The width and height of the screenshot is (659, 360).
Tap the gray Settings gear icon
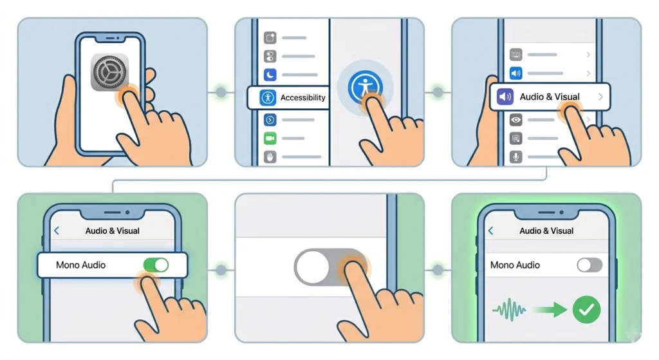tap(109, 73)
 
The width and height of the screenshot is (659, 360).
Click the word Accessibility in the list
tap(302, 98)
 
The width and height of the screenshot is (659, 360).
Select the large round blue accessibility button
tap(365, 86)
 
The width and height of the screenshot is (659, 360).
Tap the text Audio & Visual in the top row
tap(550, 97)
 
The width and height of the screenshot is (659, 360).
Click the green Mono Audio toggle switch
tap(154, 265)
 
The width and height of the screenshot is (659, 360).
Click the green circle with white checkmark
tap(586, 310)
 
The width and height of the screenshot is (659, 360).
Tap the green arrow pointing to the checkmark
tap(550, 310)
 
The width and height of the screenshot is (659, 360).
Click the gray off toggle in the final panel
tap(589, 265)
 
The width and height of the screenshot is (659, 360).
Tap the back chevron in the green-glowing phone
tap(491, 231)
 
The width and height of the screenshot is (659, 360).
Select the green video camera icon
tap(270, 138)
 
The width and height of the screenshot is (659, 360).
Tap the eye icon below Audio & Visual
tap(515, 120)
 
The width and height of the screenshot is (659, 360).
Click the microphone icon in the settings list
tap(515, 157)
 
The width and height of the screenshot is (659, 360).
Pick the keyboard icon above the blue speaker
tap(515, 55)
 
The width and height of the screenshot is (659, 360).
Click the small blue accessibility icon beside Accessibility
tap(268, 98)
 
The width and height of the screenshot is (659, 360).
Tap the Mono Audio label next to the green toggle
tap(81, 265)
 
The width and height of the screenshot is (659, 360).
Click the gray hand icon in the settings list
tap(270, 156)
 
